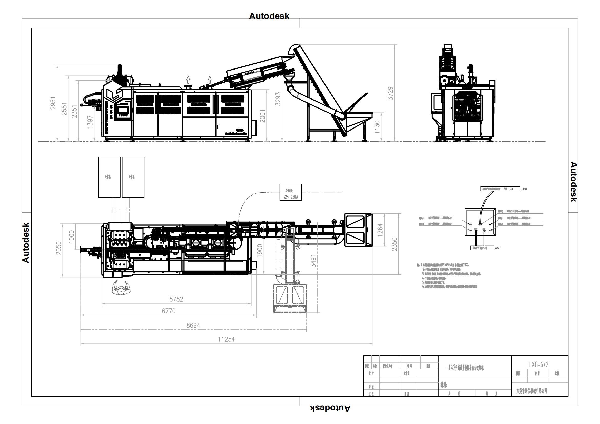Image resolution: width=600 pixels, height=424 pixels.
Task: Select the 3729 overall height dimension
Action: point(390,93)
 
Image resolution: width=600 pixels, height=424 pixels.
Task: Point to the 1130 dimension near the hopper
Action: point(377,127)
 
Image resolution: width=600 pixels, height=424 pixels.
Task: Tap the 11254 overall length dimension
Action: point(226,339)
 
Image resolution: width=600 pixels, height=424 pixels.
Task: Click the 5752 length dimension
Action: point(176,299)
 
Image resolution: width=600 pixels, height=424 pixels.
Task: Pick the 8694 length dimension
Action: point(193,326)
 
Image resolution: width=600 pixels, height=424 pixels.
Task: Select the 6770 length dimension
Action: point(169,311)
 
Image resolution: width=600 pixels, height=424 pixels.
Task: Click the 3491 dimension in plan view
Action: point(313,261)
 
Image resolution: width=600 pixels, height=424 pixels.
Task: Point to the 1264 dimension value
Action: point(380,230)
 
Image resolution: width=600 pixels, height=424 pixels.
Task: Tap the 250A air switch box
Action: point(290,192)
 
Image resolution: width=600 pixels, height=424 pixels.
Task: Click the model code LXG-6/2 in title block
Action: point(538,364)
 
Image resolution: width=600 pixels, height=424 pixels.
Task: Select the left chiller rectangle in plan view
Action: point(109,177)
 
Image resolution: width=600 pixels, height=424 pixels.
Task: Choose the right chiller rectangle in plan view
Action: point(133,177)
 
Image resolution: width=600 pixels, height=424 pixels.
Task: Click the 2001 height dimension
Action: point(262,116)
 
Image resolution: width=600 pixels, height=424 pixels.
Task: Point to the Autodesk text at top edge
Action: point(269,16)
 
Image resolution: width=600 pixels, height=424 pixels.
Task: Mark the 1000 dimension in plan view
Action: point(71,236)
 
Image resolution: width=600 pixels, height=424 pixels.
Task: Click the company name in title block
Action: point(532,391)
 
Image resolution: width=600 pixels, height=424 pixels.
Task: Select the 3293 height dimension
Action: point(278,99)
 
